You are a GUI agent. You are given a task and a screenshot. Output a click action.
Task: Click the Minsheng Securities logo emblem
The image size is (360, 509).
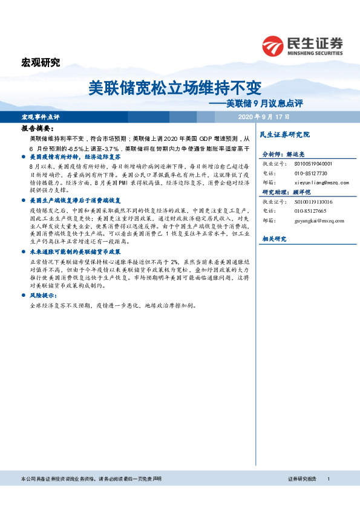[x=273, y=46]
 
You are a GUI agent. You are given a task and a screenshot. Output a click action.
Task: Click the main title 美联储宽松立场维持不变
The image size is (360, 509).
[x=175, y=88]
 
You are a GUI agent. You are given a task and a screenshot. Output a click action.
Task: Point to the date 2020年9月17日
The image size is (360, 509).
[x=264, y=116]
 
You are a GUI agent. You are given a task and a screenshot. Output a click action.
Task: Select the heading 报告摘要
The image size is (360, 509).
[x=38, y=129]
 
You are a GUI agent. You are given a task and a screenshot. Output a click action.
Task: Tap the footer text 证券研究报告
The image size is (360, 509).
[x=302, y=479]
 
